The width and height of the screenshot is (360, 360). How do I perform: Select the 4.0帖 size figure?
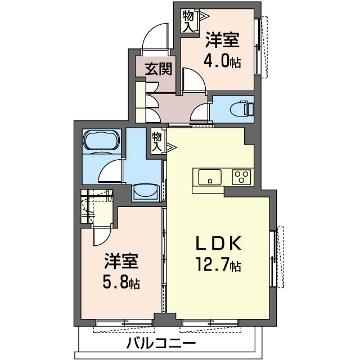pos(223,60)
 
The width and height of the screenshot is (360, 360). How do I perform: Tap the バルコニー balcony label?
pos(160,343)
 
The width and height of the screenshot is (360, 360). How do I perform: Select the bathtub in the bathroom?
pos(101,141)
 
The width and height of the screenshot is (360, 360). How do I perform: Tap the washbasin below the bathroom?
pos(146,191)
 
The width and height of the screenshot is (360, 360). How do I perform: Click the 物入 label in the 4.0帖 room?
pos(188,21)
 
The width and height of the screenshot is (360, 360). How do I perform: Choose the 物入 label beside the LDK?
pos(158,141)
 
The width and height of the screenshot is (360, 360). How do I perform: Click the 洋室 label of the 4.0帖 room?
pos(222,40)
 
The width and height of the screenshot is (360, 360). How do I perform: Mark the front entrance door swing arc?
pos(155,37)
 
